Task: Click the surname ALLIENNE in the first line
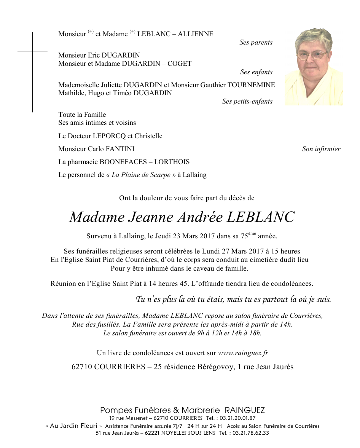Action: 196,34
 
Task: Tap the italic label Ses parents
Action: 256,43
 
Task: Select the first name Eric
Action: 94,55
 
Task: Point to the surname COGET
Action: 179,64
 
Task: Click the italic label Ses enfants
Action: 256,72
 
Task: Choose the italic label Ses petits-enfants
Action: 247,102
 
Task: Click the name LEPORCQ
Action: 108,136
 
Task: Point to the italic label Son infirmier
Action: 321,149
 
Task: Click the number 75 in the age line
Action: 244,236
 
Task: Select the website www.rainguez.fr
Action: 243,353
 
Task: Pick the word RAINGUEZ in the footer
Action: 245,410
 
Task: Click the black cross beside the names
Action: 32,51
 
